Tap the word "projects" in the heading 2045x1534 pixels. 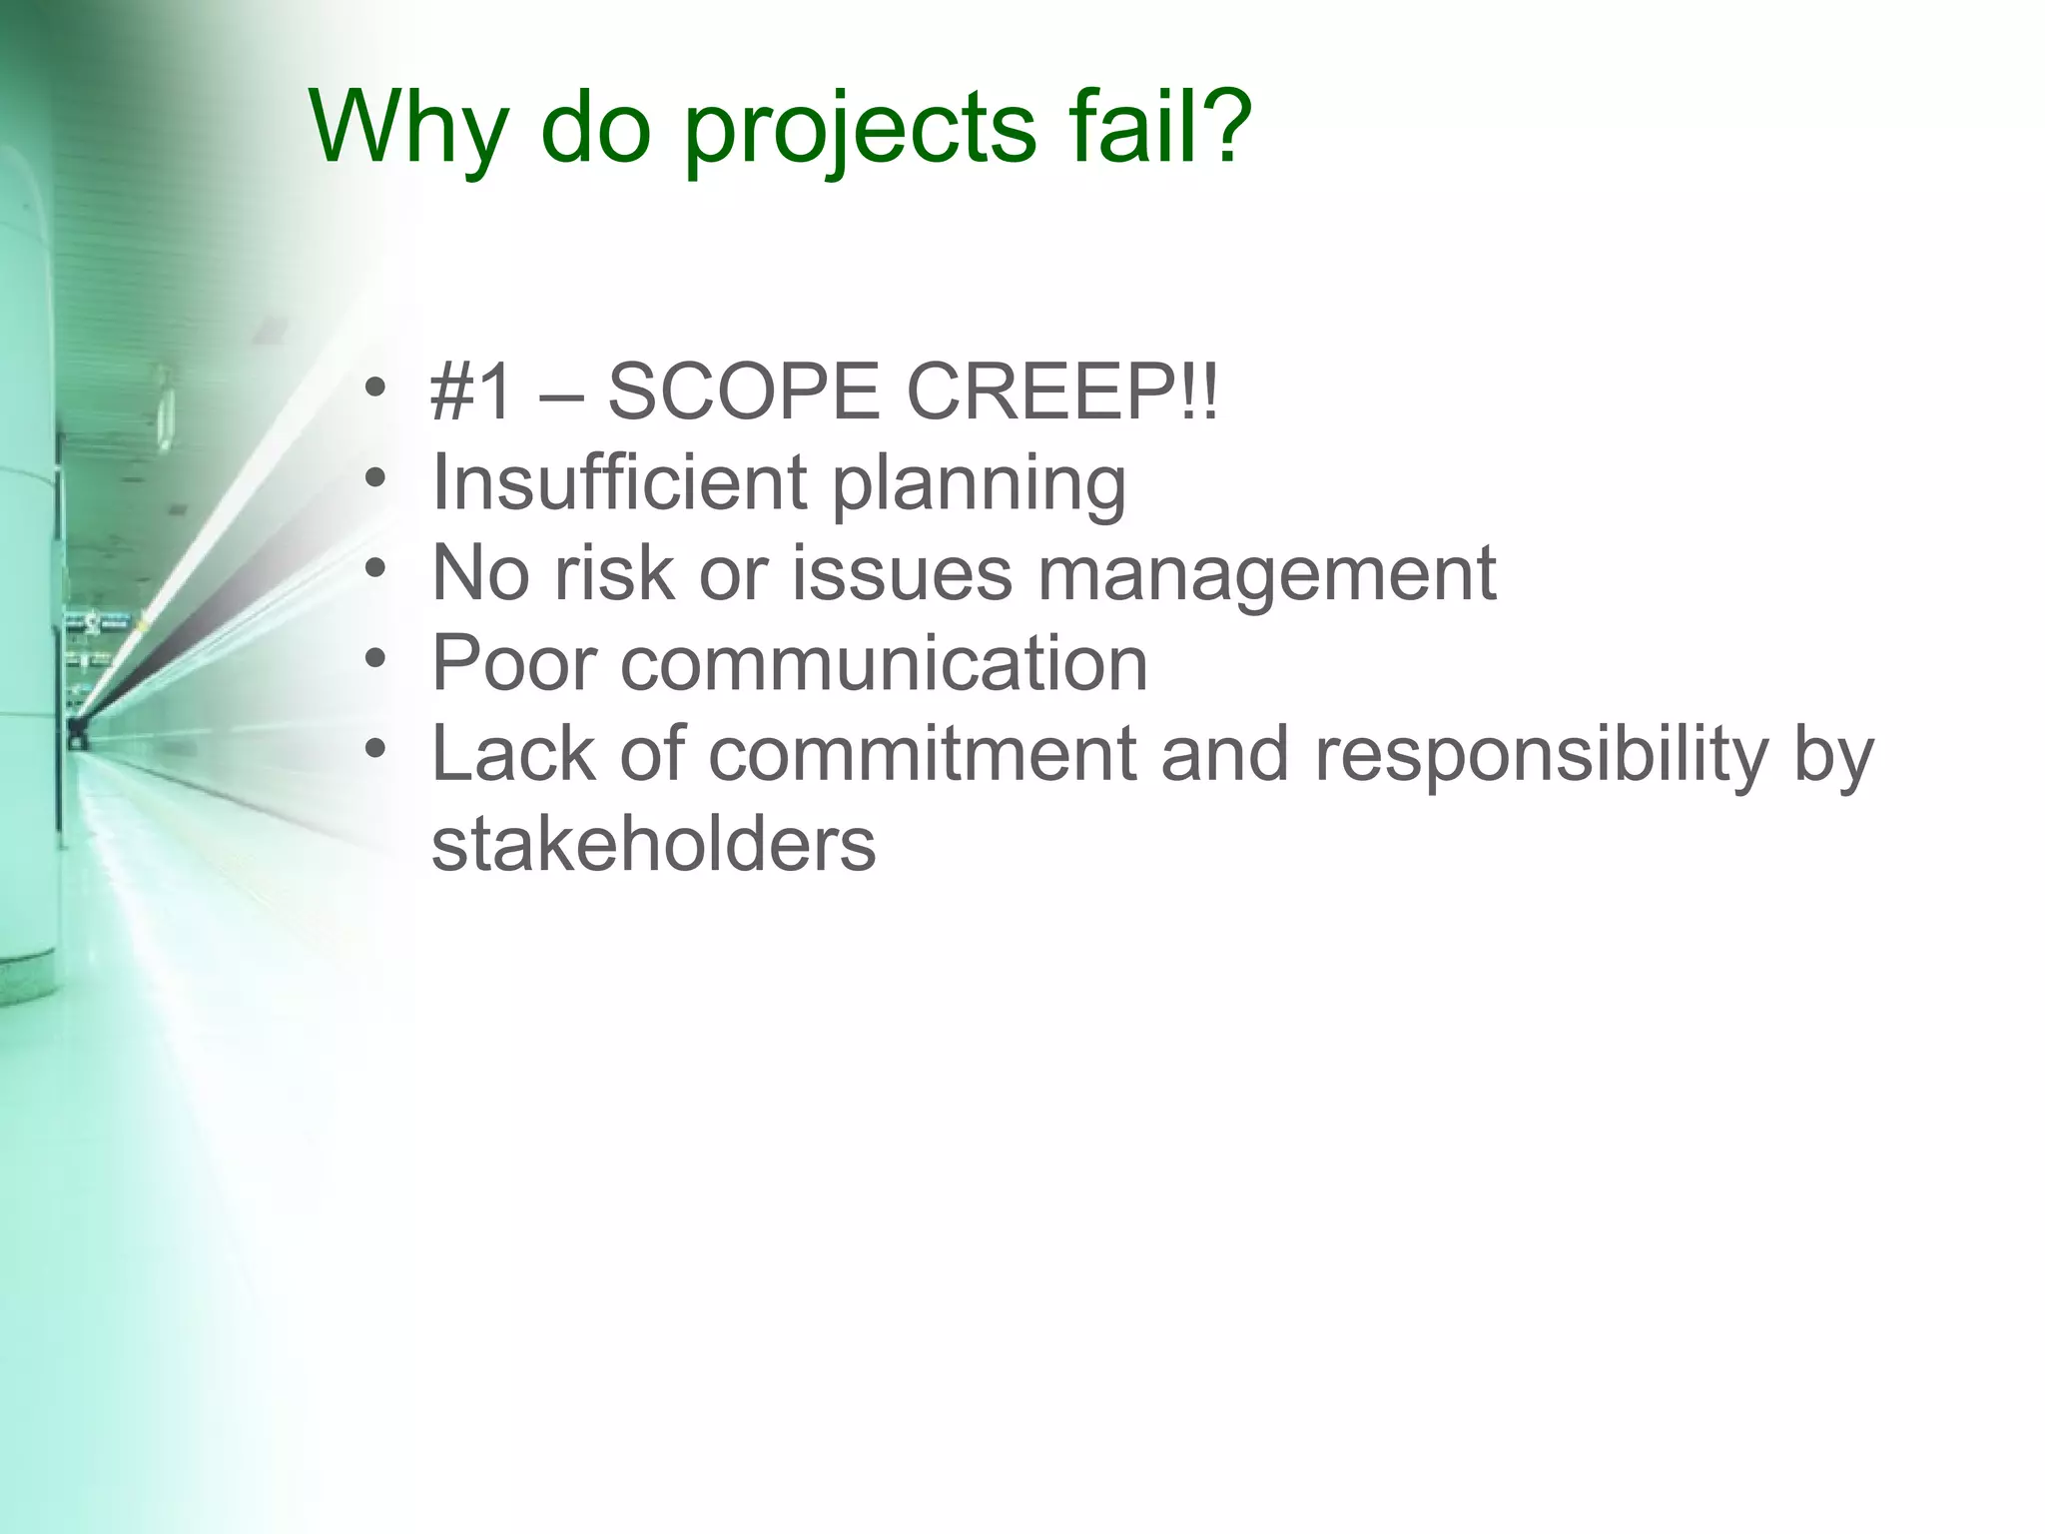tap(860, 130)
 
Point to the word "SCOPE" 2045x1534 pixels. tap(743, 392)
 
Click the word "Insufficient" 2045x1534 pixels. tap(618, 482)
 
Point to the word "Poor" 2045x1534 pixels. tap(513, 663)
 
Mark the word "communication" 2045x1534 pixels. tap(884, 663)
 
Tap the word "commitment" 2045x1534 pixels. tap(923, 753)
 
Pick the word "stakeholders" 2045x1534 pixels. tap(653, 844)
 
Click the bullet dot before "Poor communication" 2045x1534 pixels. tap(374, 659)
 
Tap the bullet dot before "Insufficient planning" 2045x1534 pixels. tap(374, 478)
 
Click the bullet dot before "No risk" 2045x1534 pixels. tap(374, 568)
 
